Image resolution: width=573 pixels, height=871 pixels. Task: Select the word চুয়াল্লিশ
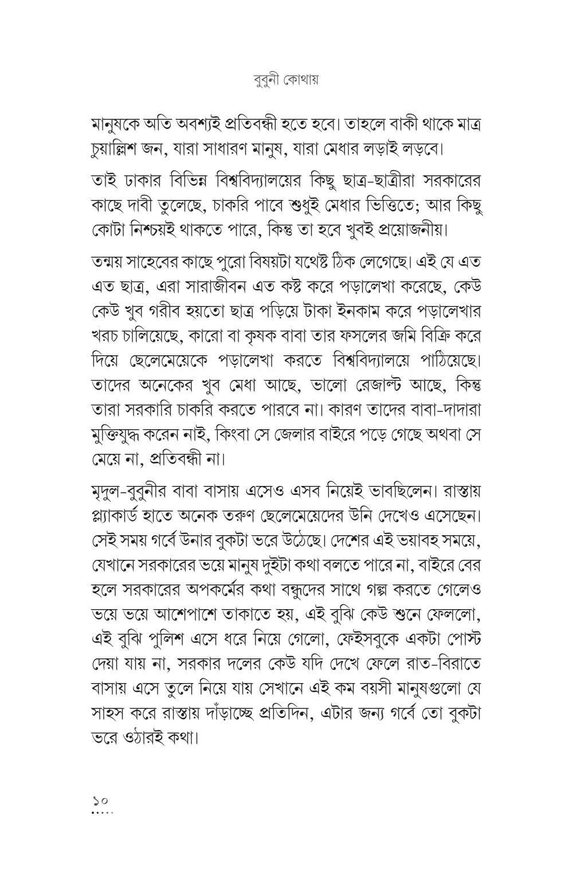click(119, 153)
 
